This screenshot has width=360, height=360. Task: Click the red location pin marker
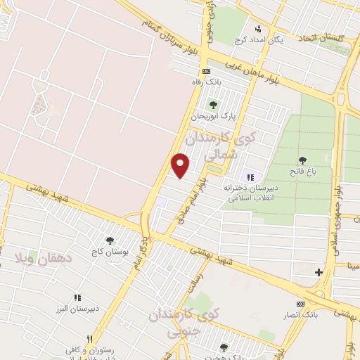point(181,165)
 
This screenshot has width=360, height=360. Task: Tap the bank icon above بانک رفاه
point(205,72)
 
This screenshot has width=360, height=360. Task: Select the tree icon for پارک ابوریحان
point(213,105)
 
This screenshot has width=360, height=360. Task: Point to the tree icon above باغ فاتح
point(303,160)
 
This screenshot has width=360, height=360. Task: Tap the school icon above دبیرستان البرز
point(78,297)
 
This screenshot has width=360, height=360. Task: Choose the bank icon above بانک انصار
point(300,304)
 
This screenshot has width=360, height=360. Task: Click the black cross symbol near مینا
point(319,271)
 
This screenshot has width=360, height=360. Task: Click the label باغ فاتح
point(303,172)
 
